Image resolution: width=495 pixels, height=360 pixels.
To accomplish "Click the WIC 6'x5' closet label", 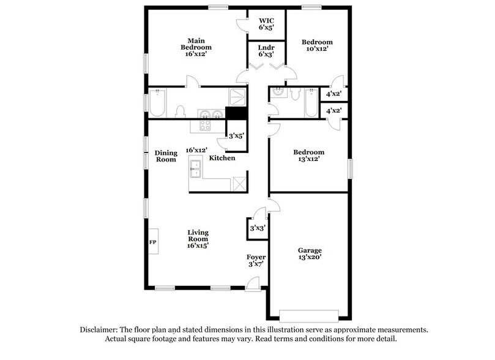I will click(266, 23).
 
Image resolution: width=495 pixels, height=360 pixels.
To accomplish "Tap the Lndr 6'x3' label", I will click(266, 51).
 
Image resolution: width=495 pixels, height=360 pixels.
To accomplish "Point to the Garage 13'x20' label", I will click(310, 253).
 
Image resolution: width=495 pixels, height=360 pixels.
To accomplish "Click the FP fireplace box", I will click(153, 241).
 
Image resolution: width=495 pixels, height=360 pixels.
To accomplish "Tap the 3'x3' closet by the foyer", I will click(256, 228).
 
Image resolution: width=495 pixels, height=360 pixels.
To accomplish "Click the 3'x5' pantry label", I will click(236, 137).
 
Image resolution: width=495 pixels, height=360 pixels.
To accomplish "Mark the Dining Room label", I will click(165, 156).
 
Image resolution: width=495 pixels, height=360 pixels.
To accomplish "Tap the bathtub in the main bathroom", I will click(157, 104).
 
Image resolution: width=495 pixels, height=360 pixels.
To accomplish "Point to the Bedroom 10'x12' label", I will click(316, 47).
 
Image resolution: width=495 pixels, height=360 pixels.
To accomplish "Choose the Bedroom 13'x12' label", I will click(308, 156).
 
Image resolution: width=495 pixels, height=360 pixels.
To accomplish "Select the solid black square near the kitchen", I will click(234, 113).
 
